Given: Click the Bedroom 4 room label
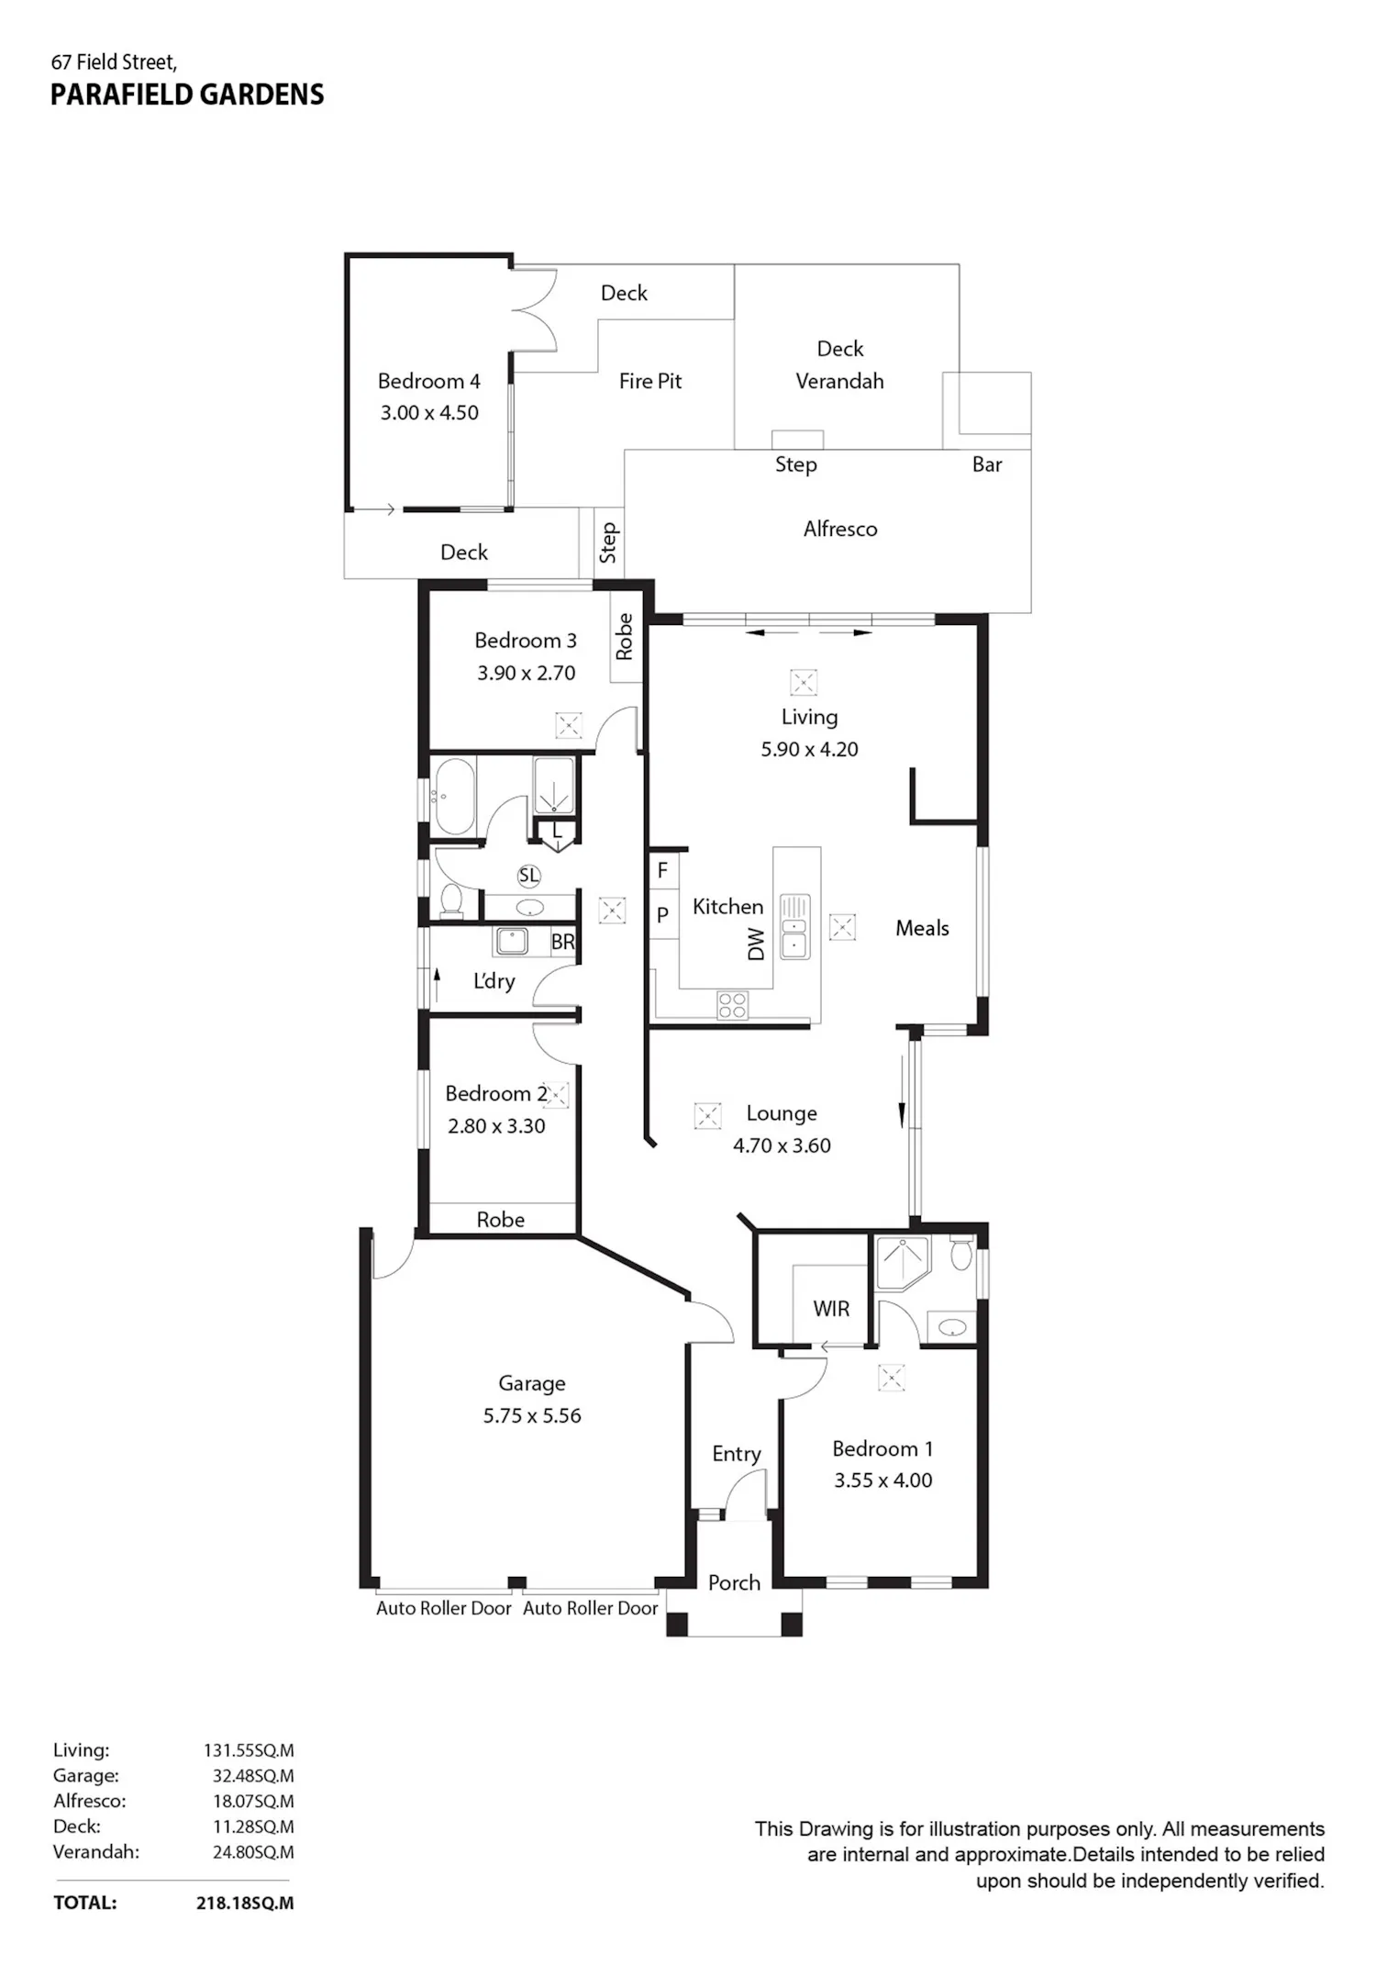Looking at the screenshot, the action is (x=428, y=381).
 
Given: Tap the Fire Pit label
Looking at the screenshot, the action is (x=650, y=381).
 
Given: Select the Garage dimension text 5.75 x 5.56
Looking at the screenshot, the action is (x=532, y=1415).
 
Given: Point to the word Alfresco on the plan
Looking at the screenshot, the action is (x=840, y=529).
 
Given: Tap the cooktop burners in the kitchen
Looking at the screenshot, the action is (x=732, y=1005).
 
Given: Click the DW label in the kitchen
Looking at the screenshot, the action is (x=756, y=944).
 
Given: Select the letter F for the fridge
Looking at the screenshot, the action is (x=662, y=869).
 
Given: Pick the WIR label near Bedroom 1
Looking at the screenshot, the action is (x=831, y=1309).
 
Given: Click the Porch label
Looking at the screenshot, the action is (x=734, y=1582).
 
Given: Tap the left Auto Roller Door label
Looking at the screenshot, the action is (x=444, y=1608).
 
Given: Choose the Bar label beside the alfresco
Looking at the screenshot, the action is (x=987, y=464).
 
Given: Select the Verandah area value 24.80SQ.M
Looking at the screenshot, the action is (x=253, y=1852).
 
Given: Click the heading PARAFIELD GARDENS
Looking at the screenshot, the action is (x=187, y=95).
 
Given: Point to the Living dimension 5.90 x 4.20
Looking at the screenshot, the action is (x=809, y=749).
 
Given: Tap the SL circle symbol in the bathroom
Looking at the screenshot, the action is (x=528, y=876).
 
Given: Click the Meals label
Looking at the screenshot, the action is (x=922, y=928).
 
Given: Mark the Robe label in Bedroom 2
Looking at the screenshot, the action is (x=501, y=1220).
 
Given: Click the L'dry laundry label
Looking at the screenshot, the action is (x=494, y=981).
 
